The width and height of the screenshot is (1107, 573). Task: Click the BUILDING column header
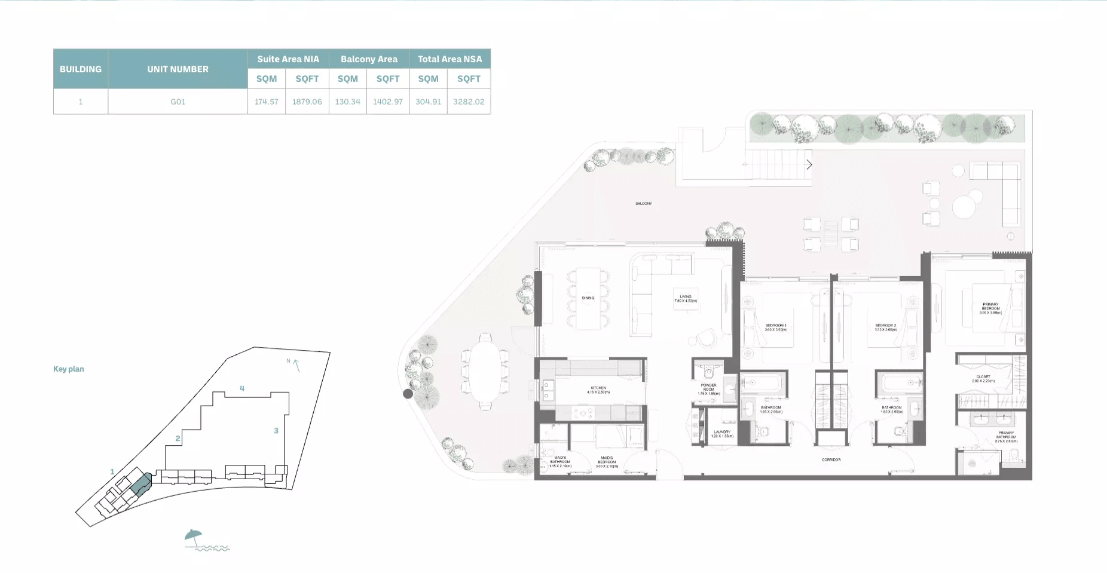click(x=81, y=69)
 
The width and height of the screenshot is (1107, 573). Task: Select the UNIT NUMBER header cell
click(x=178, y=69)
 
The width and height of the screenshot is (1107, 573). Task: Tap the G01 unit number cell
click(x=178, y=102)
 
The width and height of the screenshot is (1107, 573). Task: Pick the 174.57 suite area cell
click(x=267, y=102)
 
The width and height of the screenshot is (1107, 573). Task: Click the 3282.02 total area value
click(x=469, y=102)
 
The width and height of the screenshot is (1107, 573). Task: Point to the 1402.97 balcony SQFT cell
click(x=388, y=102)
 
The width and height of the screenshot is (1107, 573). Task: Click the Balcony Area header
click(x=369, y=59)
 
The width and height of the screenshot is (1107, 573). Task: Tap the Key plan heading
click(x=69, y=369)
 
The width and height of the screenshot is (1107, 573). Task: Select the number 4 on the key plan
click(x=242, y=388)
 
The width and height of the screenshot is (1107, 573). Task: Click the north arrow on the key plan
click(x=295, y=364)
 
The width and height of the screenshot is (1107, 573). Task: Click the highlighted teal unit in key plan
click(x=141, y=484)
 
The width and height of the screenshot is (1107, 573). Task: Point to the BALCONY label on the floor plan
click(x=644, y=204)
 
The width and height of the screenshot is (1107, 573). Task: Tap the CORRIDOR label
click(x=831, y=459)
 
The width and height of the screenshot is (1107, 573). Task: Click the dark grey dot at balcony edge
click(x=408, y=394)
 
